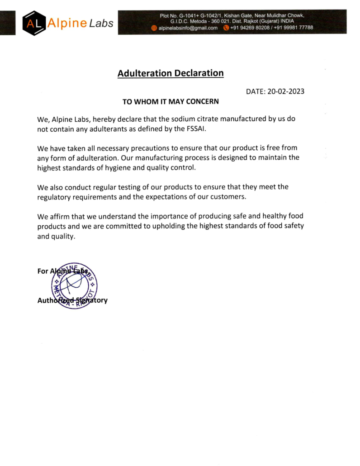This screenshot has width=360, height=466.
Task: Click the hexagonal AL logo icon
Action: [33, 23]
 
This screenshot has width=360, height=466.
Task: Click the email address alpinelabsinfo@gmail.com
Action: [188, 28]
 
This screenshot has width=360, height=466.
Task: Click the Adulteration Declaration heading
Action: [171, 73]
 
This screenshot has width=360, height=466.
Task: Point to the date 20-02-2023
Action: [285, 91]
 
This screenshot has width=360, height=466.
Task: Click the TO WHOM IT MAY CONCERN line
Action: [171, 102]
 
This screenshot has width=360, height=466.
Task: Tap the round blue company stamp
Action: [74, 286]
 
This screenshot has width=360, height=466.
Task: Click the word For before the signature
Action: [43, 271]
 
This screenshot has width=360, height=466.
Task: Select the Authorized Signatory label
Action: [72, 300]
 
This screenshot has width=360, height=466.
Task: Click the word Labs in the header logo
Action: [101, 24]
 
